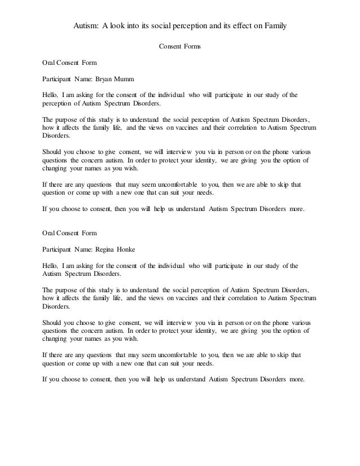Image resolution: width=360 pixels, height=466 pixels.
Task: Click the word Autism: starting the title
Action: (86, 26)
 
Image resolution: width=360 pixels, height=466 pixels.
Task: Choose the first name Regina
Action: (108, 248)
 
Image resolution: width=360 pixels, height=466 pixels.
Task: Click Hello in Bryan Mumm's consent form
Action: (52, 94)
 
